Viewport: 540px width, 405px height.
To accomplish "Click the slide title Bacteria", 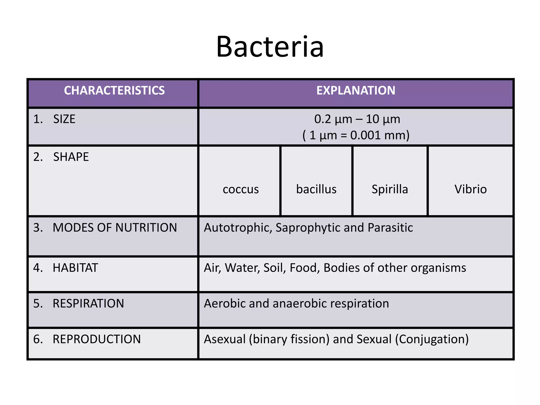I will point(270,47).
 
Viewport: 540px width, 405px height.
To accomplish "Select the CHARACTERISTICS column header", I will point(114,90).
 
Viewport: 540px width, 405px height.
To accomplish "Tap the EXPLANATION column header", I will point(356,90).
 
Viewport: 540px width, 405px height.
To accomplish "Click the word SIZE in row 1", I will point(64,119).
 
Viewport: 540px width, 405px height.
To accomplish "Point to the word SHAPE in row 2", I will point(71,157).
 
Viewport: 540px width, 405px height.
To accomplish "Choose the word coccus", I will point(240,189).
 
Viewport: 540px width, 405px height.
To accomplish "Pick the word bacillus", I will point(316,189).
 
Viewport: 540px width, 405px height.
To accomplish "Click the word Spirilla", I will point(390,189).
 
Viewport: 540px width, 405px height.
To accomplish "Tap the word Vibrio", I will point(470,189).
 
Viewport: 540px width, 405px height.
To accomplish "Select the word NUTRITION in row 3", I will point(146,228).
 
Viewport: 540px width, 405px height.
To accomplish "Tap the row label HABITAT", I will point(75,268).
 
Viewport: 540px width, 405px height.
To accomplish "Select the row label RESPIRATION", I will point(88,303).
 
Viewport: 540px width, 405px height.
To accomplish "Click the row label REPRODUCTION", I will point(97,339).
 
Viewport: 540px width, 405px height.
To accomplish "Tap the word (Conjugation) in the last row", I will point(432,339).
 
